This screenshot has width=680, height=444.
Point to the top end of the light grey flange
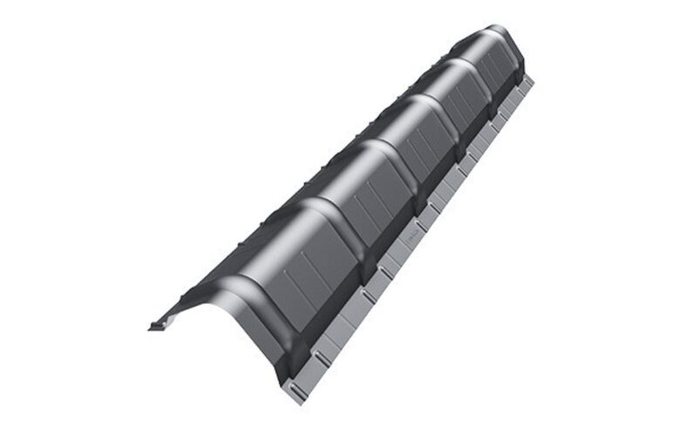(x=529, y=80)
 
